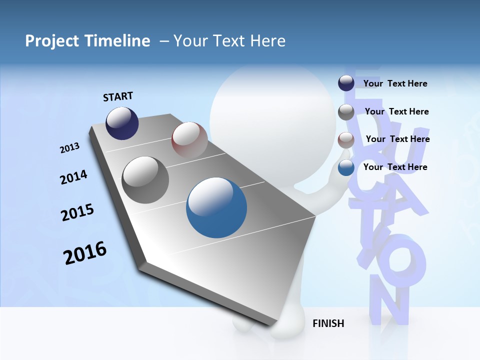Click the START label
[118, 96]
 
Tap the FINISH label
[328, 323]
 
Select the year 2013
[70, 148]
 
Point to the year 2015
[77, 212]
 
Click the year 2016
[85, 252]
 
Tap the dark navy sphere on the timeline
[122, 123]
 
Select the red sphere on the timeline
[189, 139]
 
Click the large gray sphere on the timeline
[145, 180]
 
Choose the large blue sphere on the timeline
[216, 207]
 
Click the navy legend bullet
[346, 83]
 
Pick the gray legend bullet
[346, 112]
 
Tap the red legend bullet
[346, 140]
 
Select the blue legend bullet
[346, 168]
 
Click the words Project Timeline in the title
[87, 41]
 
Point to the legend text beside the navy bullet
[395, 83]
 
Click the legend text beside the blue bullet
[395, 167]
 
